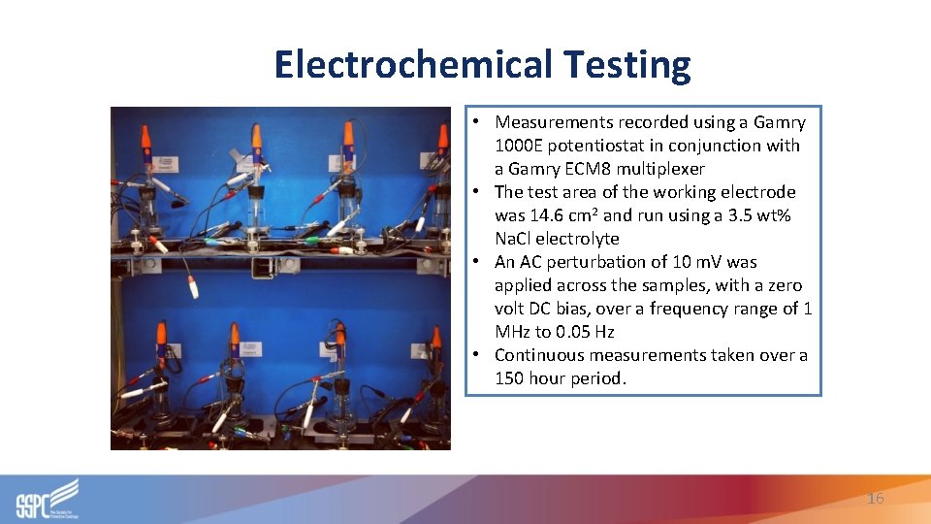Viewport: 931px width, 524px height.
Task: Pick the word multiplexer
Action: coord(660,169)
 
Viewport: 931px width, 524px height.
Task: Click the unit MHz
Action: coord(512,332)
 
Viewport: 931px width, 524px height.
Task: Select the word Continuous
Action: coord(543,355)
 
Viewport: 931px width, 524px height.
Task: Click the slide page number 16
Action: coord(875,499)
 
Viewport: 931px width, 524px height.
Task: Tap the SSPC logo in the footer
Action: coord(47,499)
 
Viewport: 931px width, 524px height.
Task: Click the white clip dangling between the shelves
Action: coord(193,286)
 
